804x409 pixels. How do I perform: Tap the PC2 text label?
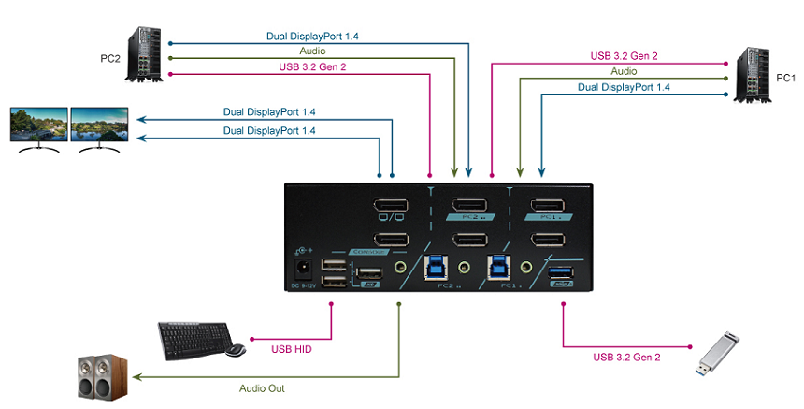pos(111,58)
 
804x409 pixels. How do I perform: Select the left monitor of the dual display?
pos(38,127)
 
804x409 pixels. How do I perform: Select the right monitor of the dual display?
pos(99,127)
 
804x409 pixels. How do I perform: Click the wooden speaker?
pos(97,378)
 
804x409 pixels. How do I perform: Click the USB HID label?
pos(292,350)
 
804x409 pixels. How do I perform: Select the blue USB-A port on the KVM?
pos(563,273)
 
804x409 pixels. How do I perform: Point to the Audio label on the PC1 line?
pos(624,70)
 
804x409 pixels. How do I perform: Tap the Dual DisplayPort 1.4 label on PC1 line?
pos(624,86)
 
